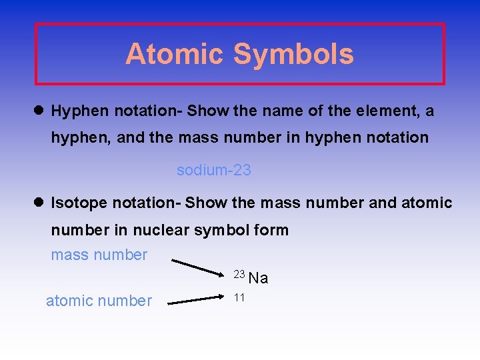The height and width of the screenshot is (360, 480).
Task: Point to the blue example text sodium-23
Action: (x=213, y=170)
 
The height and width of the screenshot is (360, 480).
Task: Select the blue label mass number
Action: (x=99, y=255)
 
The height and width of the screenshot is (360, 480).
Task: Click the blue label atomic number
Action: (x=99, y=301)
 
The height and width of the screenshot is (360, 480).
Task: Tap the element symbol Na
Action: (x=258, y=278)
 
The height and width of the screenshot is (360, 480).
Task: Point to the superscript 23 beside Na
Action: (x=239, y=273)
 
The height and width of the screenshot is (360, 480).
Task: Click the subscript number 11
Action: (x=239, y=297)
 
